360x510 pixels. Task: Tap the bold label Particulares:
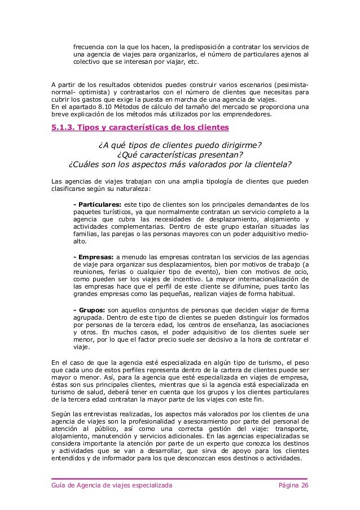[x=98, y=203]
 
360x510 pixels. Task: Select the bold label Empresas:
[x=95, y=256]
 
